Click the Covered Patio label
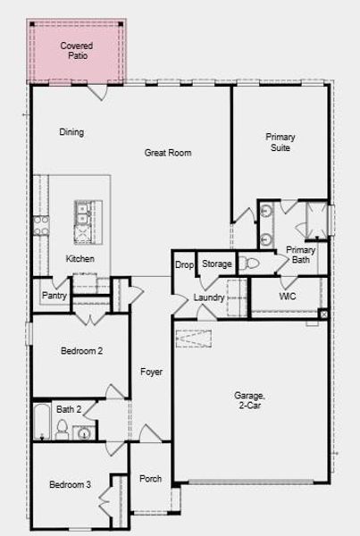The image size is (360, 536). point(76,50)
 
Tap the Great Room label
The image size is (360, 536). point(168,153)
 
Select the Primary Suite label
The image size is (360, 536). point(280,142)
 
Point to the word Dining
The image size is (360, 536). point(71,132)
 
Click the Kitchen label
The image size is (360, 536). point(80,259)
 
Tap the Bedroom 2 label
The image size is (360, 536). point(81,351)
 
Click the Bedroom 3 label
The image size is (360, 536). point(70,484)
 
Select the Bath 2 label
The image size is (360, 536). point(69,409)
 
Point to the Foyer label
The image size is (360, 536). point(151,372)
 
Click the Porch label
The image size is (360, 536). point(150,479)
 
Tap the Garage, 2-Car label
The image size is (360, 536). point(249,399)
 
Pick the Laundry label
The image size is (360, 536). point(208,297)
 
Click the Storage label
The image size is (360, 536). point(216,264)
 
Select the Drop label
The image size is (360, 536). point(184,264)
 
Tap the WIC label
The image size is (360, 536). point(287,296)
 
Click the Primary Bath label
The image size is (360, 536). point(299,255)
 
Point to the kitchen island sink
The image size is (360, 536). point(82,213)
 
